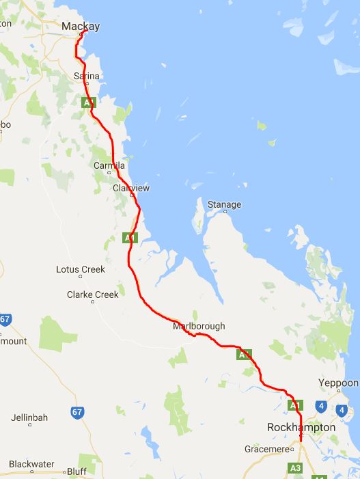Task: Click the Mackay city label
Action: [81, 27]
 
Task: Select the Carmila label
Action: [110, 165]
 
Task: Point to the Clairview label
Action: [131, 188]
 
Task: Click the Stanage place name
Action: [224, 204]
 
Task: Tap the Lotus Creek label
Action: [81, 269]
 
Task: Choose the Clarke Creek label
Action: [92, 295]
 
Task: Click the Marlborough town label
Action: [199, 326]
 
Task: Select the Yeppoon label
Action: [338, 383]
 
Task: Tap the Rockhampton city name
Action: [301, 427]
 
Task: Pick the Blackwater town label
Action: [32, 464]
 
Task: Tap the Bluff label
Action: [77, 471]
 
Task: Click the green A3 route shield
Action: [296, 468]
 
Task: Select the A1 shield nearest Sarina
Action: [88, 102]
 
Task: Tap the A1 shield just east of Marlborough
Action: [244, 355]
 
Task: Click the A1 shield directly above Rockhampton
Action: [295, 405]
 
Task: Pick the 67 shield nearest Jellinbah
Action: [77, 412]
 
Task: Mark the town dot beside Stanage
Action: [224, 213]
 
